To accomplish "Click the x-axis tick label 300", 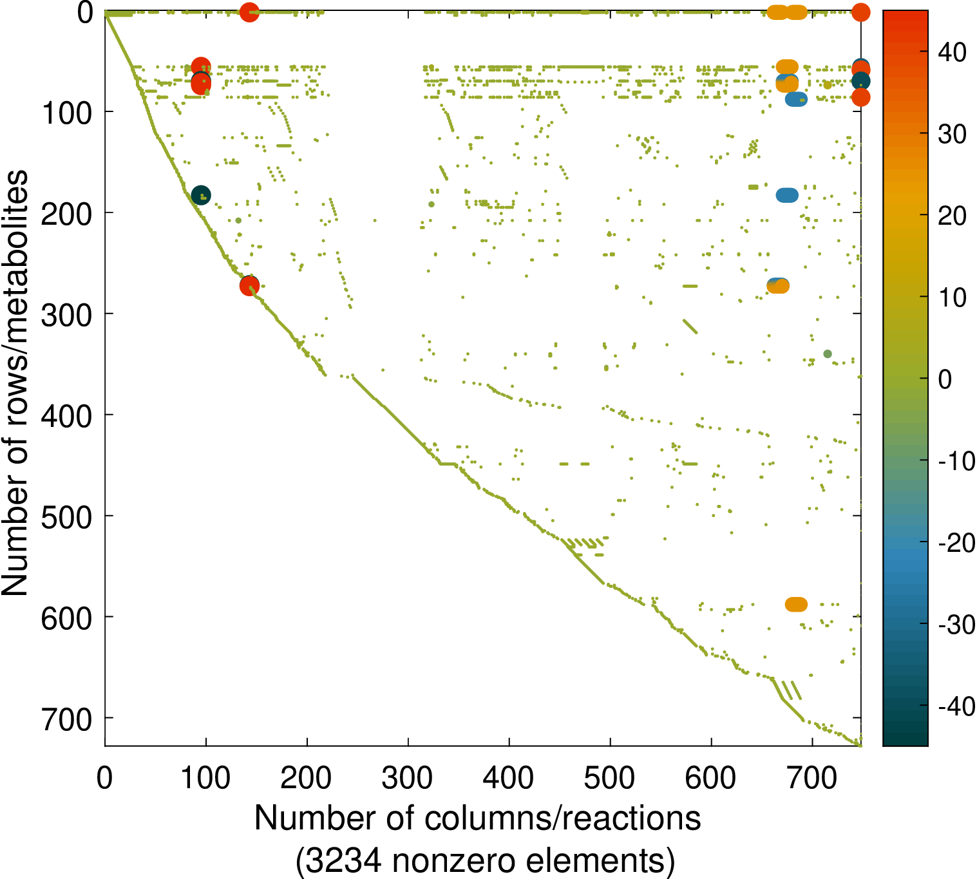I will tap(408, 779).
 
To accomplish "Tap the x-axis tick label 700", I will tap(812, 779).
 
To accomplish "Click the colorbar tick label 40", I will tap(952, 52).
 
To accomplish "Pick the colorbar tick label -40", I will tap(956, 706).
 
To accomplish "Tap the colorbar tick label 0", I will tap(945, 379).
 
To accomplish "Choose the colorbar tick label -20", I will tap(956, 543).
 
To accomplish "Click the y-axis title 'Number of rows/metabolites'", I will tap(15, 383).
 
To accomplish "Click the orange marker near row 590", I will tap(797, 604).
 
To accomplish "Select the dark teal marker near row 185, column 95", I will tap(201, 195).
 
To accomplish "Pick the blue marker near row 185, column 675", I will tap(787, 195).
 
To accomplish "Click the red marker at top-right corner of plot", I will tap(860, 12).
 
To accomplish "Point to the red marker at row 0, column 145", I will tap(249, 12).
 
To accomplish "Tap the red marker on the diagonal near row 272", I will tap(249, 286).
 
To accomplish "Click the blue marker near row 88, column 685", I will tap(797, 99).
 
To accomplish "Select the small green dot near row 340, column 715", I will tap(828, 354).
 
